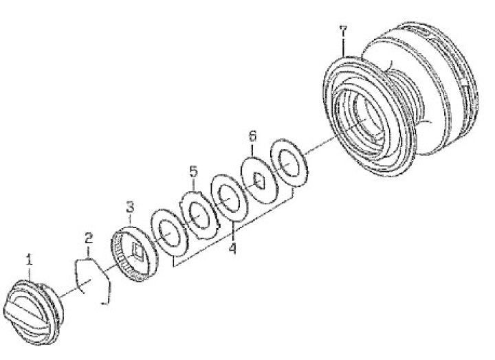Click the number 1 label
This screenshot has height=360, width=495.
(30, 260)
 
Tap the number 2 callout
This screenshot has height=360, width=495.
(89, 239)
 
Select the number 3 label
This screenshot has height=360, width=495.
(130, 207)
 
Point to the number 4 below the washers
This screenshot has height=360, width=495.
(232, 249)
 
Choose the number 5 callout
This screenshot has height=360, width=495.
(193, 172)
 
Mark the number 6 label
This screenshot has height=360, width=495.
(252, 136)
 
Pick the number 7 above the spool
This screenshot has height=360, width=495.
(343, 32)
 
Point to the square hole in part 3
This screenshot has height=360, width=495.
(139, 251)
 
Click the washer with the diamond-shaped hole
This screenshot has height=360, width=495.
(259, 180)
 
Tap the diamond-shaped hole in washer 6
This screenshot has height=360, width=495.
(259, 181)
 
